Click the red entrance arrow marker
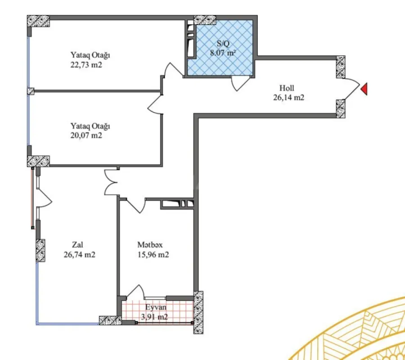pyautogui.click(x=364, y=89)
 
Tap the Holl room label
pyautogui.click(x=287, y=88)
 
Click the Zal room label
pyautogui.click(x=78, y=245)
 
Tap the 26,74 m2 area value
pyautogui.click(x=79, y=254)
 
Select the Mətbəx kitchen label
pyautogui.click(x=150, y=245)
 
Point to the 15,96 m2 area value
pyautogui.click(x=153, y=254)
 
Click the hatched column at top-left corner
pyautogui.click(x=38, y=21)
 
